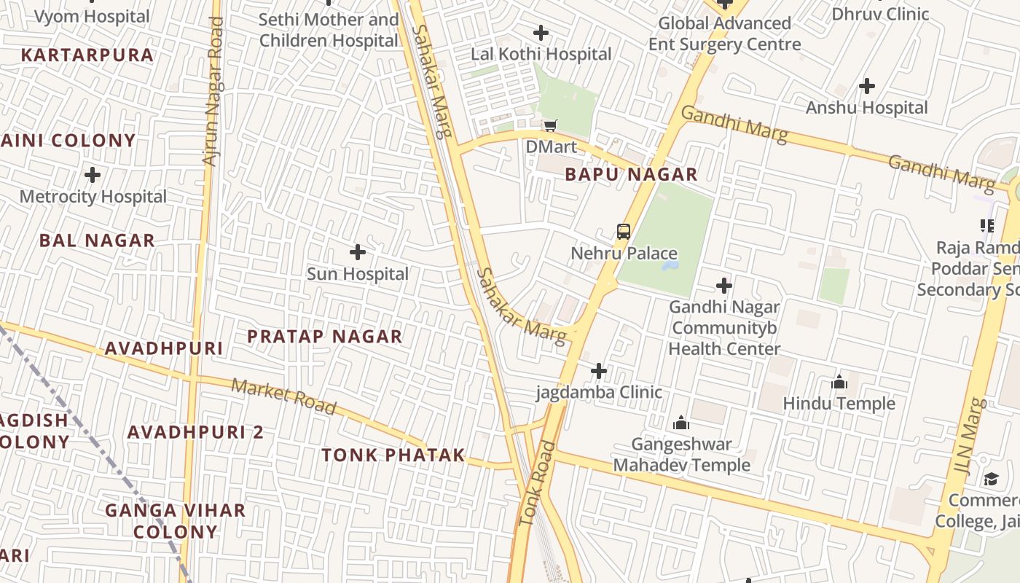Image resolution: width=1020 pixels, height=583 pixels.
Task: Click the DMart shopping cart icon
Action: tap(551, 126)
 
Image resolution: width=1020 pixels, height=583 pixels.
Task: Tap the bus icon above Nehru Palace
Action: tap(624, 232)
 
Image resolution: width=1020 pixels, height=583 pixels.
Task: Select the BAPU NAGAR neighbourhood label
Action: tap(631, 175)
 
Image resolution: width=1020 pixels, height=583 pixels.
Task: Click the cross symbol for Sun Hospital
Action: tap(357, 252)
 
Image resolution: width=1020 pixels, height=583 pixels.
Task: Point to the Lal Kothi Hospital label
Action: tap(541, 54)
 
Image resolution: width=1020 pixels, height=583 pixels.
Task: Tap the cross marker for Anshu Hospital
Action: tap(866, 86)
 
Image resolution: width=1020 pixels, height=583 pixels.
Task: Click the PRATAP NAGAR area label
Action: tap(324, 337)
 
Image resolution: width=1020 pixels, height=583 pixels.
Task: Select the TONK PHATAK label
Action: tap(393, 455)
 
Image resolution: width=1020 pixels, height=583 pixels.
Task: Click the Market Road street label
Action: tap(284, 396)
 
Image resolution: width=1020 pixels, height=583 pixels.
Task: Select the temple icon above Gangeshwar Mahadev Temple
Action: tap(681, 423)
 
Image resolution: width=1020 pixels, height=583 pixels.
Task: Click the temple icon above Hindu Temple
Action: tap(839, 382)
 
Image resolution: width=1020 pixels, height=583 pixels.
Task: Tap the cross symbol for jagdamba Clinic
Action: tap(598, 371)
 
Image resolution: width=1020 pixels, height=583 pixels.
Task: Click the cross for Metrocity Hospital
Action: tap(93, 175)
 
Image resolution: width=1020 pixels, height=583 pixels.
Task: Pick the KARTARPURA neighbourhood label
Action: tap(87, 55)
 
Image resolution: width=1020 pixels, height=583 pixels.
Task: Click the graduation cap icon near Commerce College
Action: tap(991, 479)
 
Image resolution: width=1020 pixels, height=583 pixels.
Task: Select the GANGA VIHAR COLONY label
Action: tap(175, 520)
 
